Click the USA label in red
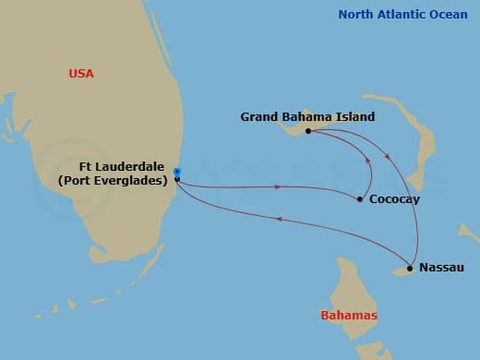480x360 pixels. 81,73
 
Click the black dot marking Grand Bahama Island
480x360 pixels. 308,131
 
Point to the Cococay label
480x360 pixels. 390,199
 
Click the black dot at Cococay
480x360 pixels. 359,199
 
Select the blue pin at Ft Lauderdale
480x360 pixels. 176,171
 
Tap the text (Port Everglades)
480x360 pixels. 113,180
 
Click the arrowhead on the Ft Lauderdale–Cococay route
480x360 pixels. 278,187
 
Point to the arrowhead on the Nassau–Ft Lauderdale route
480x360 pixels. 280,220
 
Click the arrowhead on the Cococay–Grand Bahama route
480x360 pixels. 369,167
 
